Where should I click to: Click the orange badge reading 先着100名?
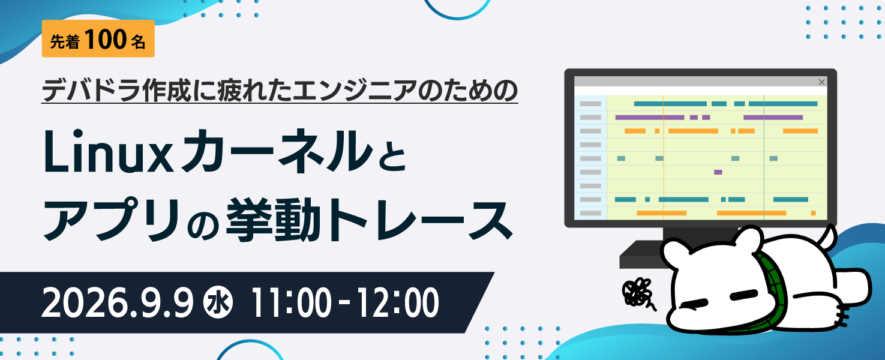click(98, 39)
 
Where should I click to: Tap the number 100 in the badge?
click(105, 39)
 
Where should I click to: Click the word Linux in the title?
click(109, 152)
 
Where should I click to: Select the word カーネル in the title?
click(277, 151)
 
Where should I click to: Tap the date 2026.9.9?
click(118, 302)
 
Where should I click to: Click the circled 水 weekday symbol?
click(218, 303)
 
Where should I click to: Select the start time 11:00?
click(290, 303)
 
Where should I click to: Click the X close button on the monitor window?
click(821, 82)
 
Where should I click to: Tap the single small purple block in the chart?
click(718, 172)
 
